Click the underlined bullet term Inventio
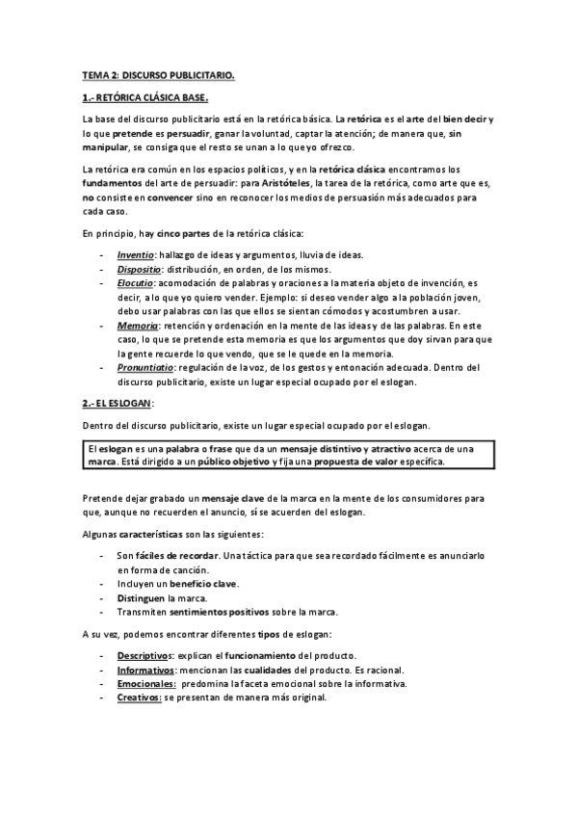[136, 253]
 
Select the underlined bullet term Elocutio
[137, 284]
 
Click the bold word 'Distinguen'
[141, 598]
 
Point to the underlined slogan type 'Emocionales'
[146, 683]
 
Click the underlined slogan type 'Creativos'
[139, 697]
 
